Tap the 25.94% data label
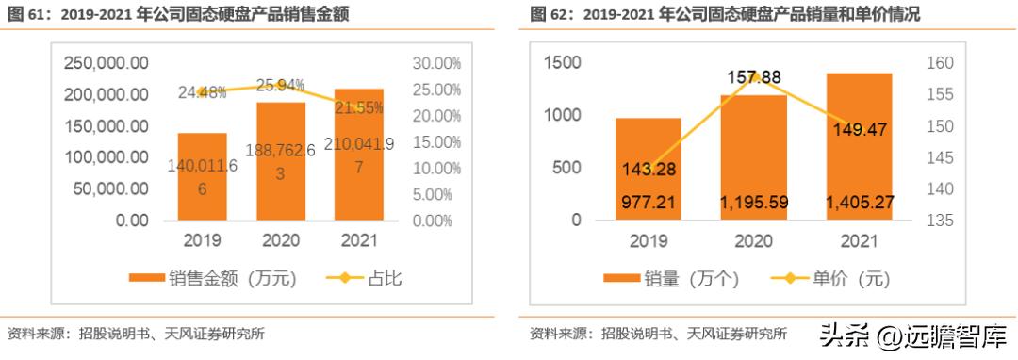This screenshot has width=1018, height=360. (x=280, y=85)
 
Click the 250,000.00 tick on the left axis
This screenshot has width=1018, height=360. (x=107, y=64)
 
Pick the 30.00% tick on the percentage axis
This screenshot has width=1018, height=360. (x=435, y=64)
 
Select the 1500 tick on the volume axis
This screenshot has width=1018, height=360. (x=563, y=63)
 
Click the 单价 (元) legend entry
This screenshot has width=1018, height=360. (x=829, y=279)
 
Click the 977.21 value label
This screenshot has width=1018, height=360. (x=648, y=201)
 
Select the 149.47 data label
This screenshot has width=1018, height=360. (x=860, y=129)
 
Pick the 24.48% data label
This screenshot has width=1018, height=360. (x=202, y=92)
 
